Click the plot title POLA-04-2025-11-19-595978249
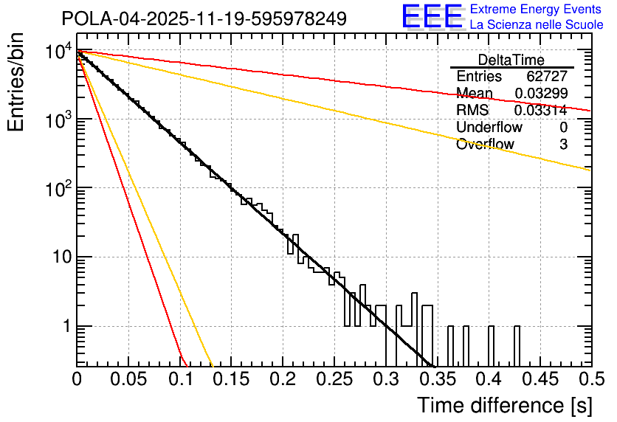coord(204,19)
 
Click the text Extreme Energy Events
coord(536,10)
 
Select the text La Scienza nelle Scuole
coord(536,24)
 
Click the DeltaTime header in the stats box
coord(511,60)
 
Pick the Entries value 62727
coord(547,77)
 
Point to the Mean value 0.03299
coord(541,93)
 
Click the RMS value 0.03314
coord(541,110)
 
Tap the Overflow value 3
coord(563,144)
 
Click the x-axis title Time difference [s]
coord(503,405)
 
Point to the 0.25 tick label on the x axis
coord(334,378)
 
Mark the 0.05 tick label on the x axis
coord(128,378)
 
